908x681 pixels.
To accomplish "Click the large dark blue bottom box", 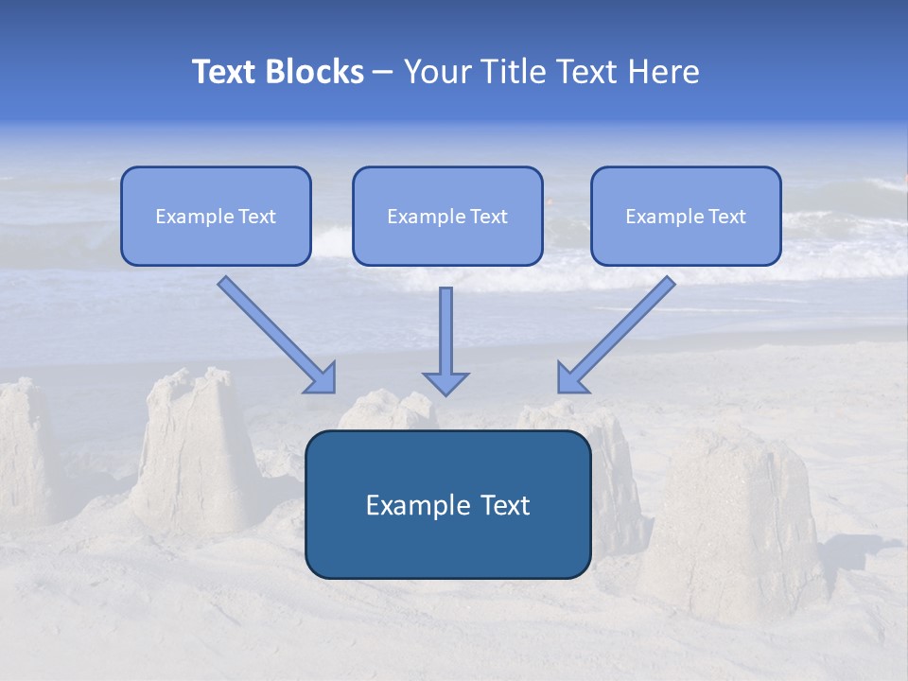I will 447,549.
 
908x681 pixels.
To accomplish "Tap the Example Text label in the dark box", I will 447,505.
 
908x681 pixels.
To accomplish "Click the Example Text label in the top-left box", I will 216,217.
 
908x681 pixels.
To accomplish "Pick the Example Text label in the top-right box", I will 686,217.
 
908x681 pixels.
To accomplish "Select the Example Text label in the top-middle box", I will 447,217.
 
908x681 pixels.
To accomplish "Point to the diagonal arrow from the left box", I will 274,333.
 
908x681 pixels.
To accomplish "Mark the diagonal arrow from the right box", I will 619,333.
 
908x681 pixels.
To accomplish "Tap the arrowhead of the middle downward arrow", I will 445,383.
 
